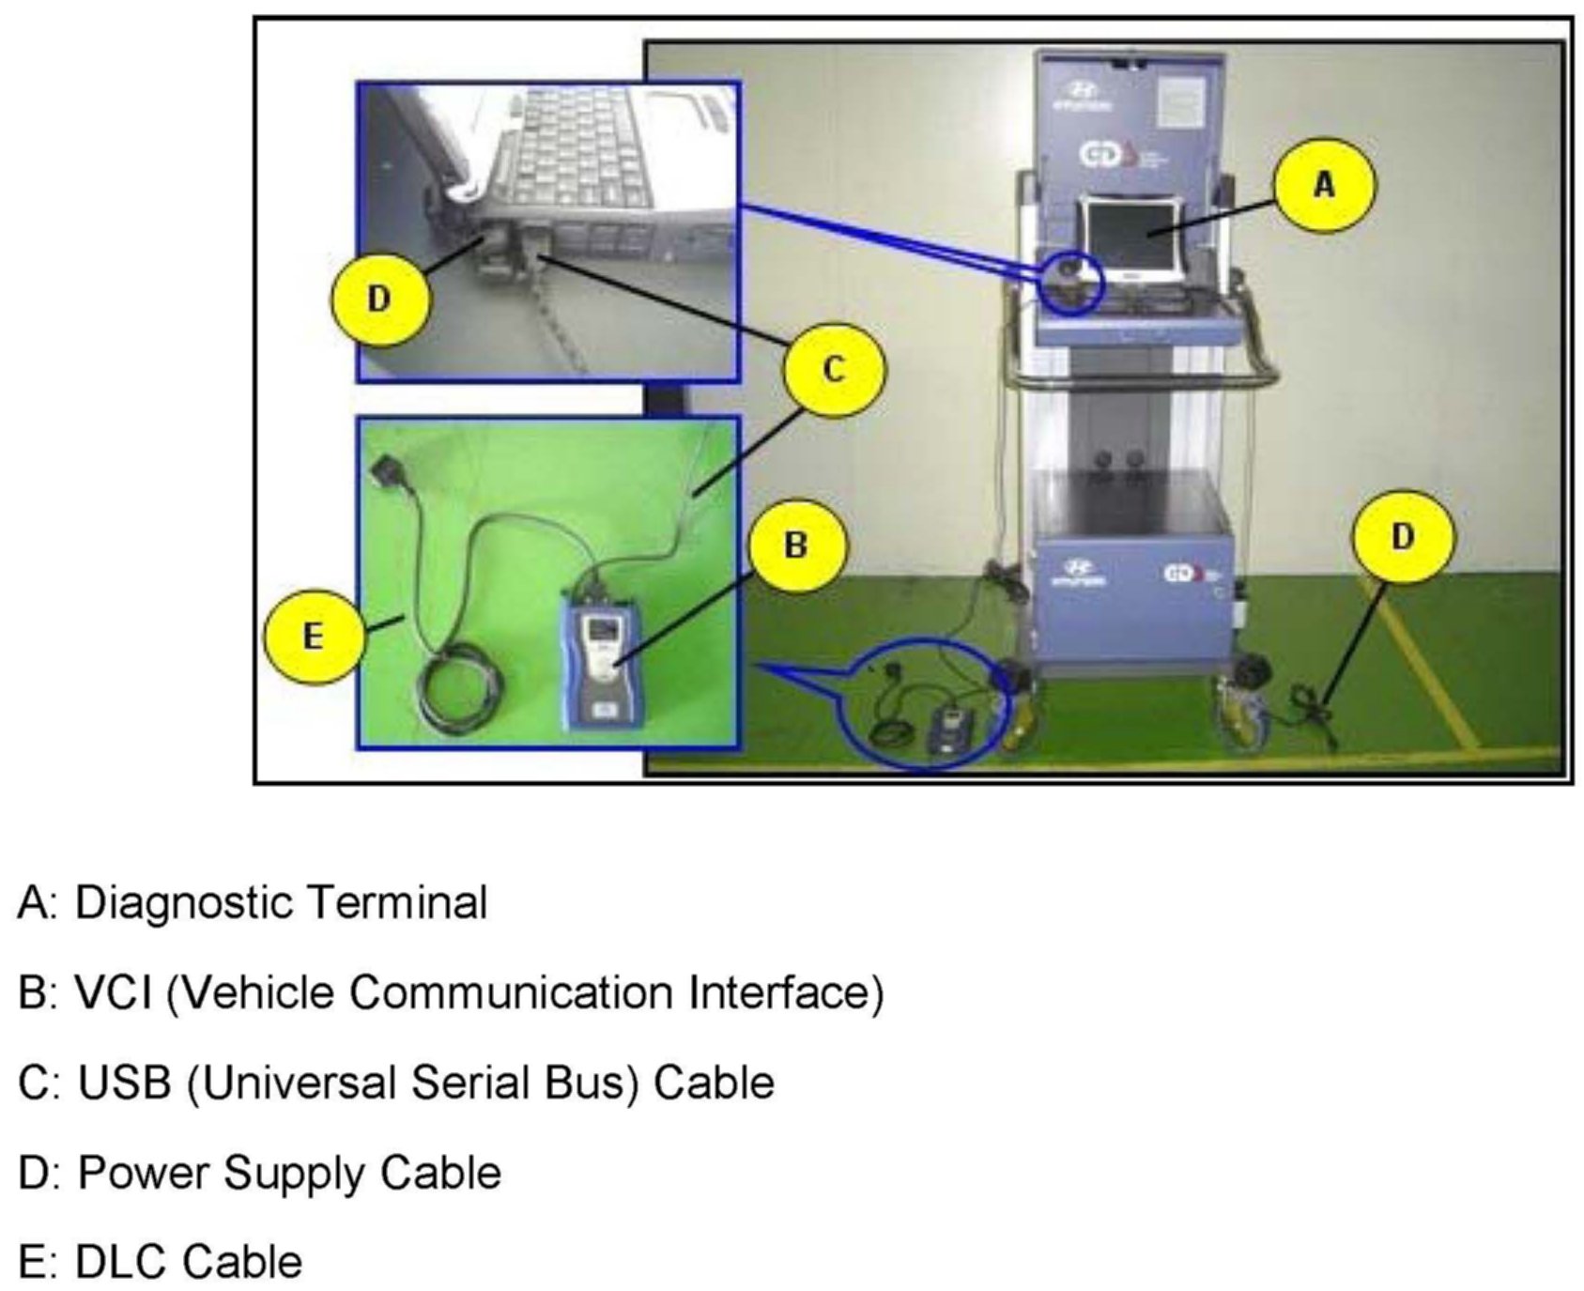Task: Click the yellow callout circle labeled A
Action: pyautogui.click(x=1324, y=186)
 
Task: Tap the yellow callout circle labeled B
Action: pyautogui.click(x=795, y=546)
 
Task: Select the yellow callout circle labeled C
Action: pyautogui.click(x=834, y=369)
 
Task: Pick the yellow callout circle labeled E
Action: pyautogui.click(x=313, y=638)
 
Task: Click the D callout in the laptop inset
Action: pyautogui.click(x=379, y=300)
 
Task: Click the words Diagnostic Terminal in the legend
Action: pyautogui.click(x=281, y=902)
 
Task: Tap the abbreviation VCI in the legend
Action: pyautogui.click(x=113, y=992)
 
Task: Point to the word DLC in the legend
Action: pyautogui.click(x=119, y=1262)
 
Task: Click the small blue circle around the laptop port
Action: pyautogui.click(x=1069, y=281)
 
